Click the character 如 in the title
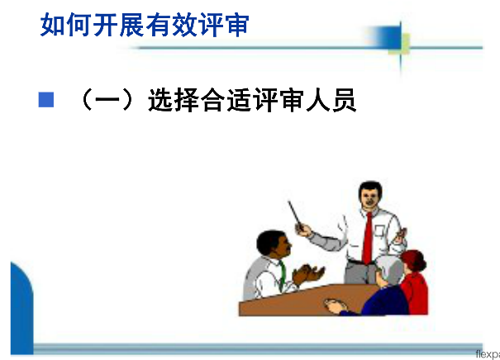tap(53, 25)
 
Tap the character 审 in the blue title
tap(236, 25)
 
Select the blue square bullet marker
tap(46, 100)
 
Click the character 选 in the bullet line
tap(160, 100)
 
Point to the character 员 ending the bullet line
tap(345, 100)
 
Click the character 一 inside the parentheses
tap(107, 100)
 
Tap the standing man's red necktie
tap(368, 238)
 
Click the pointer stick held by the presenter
tap(295, 213)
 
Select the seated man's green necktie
tap(282, 275)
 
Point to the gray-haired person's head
tap(389, 270)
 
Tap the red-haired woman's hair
tap(415, 259)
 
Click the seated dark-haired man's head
tap(273, 243)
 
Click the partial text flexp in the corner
tap(488, 354)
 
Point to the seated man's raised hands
tap(307, 275)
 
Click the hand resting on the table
tap(335, 305)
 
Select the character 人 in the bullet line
tap(318, 100)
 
